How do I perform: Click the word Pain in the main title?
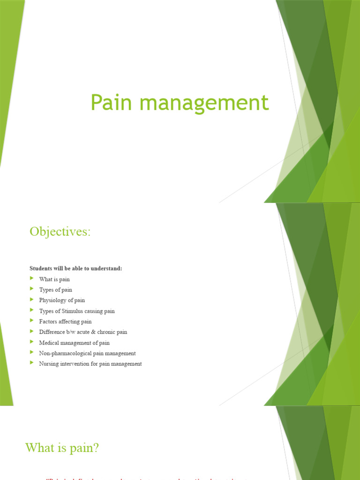point(109,103)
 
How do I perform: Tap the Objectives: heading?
point(60,232)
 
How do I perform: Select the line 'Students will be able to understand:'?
point(75,269)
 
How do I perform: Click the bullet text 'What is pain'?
point(54,279)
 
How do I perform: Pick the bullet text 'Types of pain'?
point(56,290)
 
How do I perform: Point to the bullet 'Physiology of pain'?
point(62,300)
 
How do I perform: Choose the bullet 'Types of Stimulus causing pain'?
point(77,311)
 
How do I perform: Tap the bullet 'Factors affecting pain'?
point(65,322)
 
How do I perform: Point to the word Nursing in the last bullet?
point(49,364)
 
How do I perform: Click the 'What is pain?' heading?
point(62,448)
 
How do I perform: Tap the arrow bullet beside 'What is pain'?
point(32,279)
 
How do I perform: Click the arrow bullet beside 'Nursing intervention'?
point(32,363)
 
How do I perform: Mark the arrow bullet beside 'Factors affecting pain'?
point(32,321)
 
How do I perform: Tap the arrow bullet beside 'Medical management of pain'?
point(32,342)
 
